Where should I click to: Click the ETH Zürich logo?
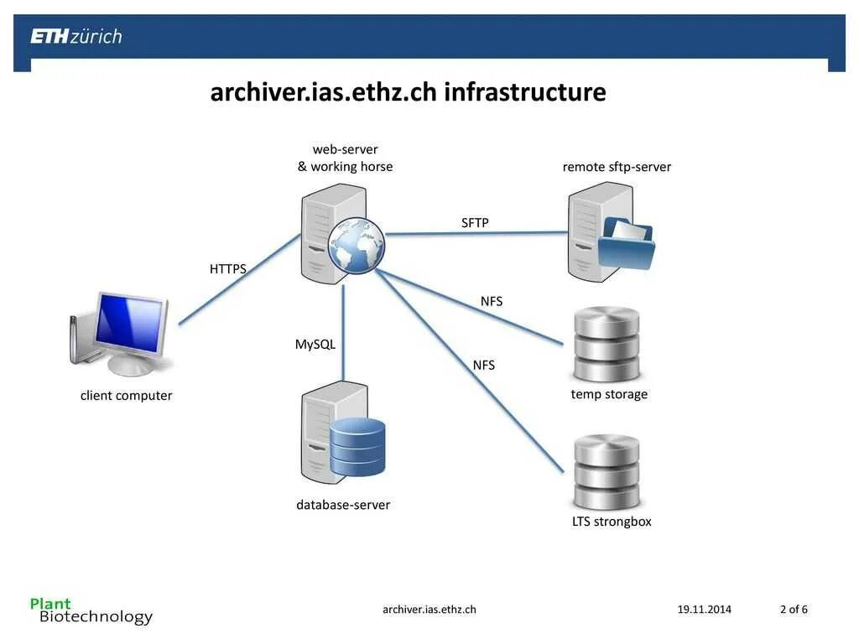click(x=76, y=36)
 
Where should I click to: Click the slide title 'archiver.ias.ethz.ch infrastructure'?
click(x=408, y=91)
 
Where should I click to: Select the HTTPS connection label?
click(x=228, y=269)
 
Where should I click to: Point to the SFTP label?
click(x=475, y=222)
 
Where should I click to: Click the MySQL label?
click(x=315, y=344)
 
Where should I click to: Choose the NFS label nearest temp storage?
click(x=492, y=301)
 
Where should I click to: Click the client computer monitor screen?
click(x=129, y=323)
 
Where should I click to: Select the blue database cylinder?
click(x=357, y=445)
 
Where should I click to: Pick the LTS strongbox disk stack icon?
click(x=607, y=471)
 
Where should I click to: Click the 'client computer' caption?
click(x=127, y=396)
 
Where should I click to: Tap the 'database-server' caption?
click(x=343, y=505)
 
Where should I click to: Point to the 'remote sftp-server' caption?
click(x=617, y=167)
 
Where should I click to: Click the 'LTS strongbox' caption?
click(x=612, y=522)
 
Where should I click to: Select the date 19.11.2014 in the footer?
click(x=704, y=610)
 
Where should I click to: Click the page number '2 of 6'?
click(x=794, y=610)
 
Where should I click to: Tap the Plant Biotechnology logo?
click(x=91, y=610)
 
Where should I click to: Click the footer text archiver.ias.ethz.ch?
click(x=429, y=610)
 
